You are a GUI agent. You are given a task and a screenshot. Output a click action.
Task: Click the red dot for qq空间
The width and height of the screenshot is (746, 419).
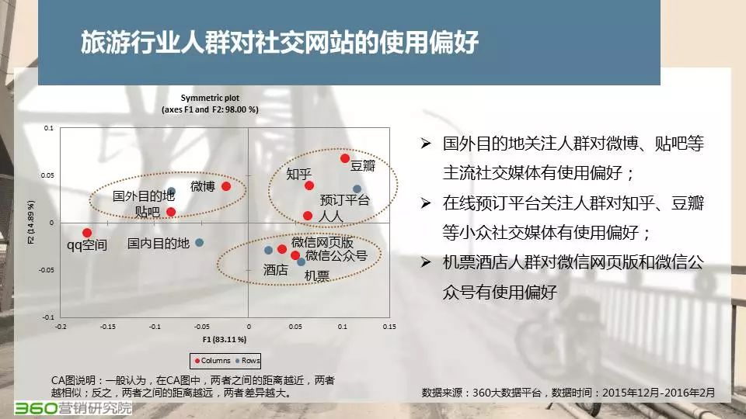[86, 232]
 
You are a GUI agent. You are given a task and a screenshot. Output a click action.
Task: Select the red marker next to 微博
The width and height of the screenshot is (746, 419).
[226, 186]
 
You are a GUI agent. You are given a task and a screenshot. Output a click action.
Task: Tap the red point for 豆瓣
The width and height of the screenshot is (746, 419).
[345, 158]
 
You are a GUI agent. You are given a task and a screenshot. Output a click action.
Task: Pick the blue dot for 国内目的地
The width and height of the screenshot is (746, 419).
[200, 242]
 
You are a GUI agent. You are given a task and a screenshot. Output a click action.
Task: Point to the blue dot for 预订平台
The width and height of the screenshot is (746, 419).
[357, 189]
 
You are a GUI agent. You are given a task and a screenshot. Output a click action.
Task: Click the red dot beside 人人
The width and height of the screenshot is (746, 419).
[308, 216]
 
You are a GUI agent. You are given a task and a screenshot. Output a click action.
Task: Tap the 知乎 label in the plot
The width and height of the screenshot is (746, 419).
[298, 174]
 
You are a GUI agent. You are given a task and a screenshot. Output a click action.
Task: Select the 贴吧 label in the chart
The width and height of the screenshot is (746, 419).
[147, 212]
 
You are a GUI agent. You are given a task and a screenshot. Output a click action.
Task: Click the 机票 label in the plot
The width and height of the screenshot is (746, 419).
[316, 275]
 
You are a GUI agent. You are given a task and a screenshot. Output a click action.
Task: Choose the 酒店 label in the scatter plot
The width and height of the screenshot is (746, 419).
[275, 270]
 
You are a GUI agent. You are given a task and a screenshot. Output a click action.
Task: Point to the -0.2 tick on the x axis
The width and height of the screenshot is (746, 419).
[61, 327]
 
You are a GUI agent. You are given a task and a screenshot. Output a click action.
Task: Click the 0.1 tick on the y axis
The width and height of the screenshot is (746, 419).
[48, 128]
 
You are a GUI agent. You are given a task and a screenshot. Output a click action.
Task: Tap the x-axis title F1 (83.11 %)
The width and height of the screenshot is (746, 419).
[225, 339]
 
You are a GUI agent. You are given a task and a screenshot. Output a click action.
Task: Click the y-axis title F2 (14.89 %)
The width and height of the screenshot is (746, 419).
[31, 223]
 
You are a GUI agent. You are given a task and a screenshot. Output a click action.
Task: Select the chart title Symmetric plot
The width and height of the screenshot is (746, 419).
[210, 98]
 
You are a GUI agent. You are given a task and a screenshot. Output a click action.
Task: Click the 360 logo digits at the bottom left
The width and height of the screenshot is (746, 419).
[36, 408]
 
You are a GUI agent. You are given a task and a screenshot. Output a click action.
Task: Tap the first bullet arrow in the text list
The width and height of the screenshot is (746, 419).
[425, 143]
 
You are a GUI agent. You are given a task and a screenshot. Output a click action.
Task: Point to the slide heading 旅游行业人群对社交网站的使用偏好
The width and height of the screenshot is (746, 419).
[279, 42]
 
